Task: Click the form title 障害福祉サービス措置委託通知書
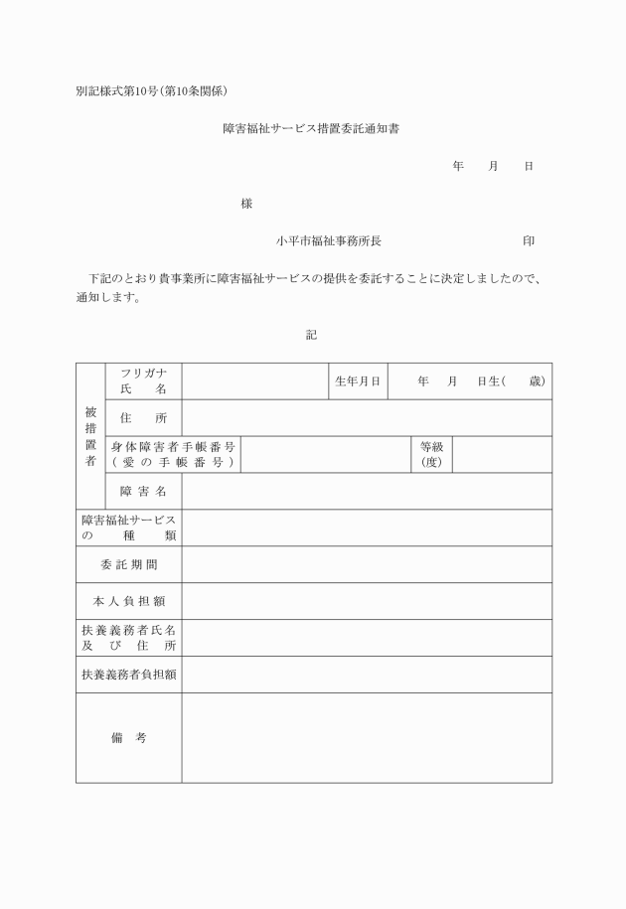pyautogui.click(x=311, y=129)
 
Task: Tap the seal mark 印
pyautogui.click(x=529, y=240)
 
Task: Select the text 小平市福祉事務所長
pyautogui.click(x=329, y=240)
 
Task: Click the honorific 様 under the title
pyautogui.click(x=246, y=204)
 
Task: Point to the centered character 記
pyautogui.click(x=311, y=336)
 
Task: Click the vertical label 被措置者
pyautogui.click(x=89, y=436)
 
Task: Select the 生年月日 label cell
pyautogui.click(x=358, y=381)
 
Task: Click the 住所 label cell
pyautogui.click(x=143, y=418)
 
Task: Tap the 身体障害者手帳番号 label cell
pyautogui.click(x=173, y=455)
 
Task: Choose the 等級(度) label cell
pyautogui.click(x=431, y=455)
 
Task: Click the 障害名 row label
pyautogui.click(x=143, y=491)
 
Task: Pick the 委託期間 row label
pyautogui.click(x=128, y=564)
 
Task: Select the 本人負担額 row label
pyautogui.click(x=128, y=601)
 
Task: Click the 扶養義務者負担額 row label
pyautogui.click(x=128, y=675)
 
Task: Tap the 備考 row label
pyautogui.click(x=128, y=738)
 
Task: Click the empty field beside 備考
pyautogui.click(x=366, y=738)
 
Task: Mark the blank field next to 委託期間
pyautogui.click(x=366, y=564)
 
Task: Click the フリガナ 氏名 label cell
pyautogui.click(x=143, y=381)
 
